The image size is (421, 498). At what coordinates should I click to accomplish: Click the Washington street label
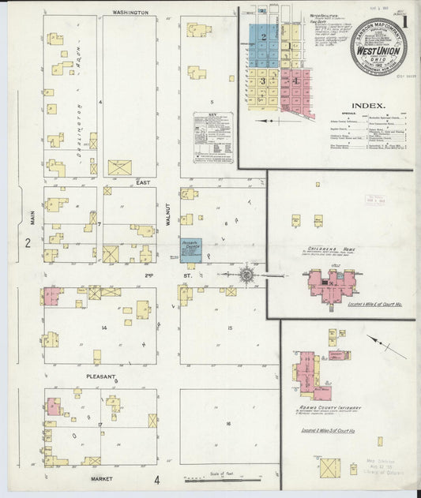tap(130, 13)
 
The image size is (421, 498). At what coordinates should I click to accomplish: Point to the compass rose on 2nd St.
tap(246, 275)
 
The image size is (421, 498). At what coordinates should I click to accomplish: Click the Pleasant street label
tap(102, 376)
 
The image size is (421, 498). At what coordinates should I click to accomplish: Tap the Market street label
tap(102, 479)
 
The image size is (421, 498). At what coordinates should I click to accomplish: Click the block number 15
tap(229, 328)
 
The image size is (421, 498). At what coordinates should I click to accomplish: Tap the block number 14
tap(103, 326)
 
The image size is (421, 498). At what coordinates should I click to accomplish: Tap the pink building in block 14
tap(53, 296)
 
